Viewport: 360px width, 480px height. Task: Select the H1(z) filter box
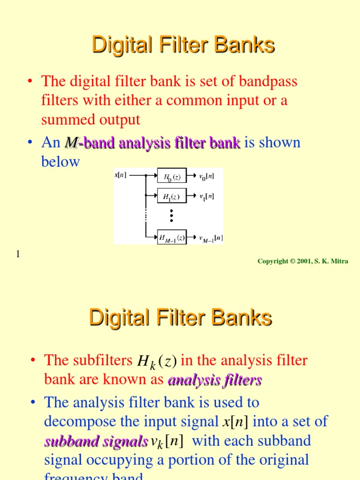(x=172, y=196)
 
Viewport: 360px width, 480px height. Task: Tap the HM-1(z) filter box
(x=172, y=238)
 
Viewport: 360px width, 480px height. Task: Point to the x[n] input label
(x=120, y=175)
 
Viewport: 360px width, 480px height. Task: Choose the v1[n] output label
(x=207, y=196)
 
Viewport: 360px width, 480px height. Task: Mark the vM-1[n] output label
(x=211, y=238)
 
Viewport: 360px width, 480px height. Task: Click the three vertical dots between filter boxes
(x=172, y=216)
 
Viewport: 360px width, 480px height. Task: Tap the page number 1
(x=18, y=254)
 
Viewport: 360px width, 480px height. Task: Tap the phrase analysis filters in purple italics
(x=214, y=380)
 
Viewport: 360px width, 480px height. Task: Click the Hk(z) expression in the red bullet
(x=157, y=361)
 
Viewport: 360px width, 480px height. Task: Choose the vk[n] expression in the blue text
(x=167, y=441)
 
